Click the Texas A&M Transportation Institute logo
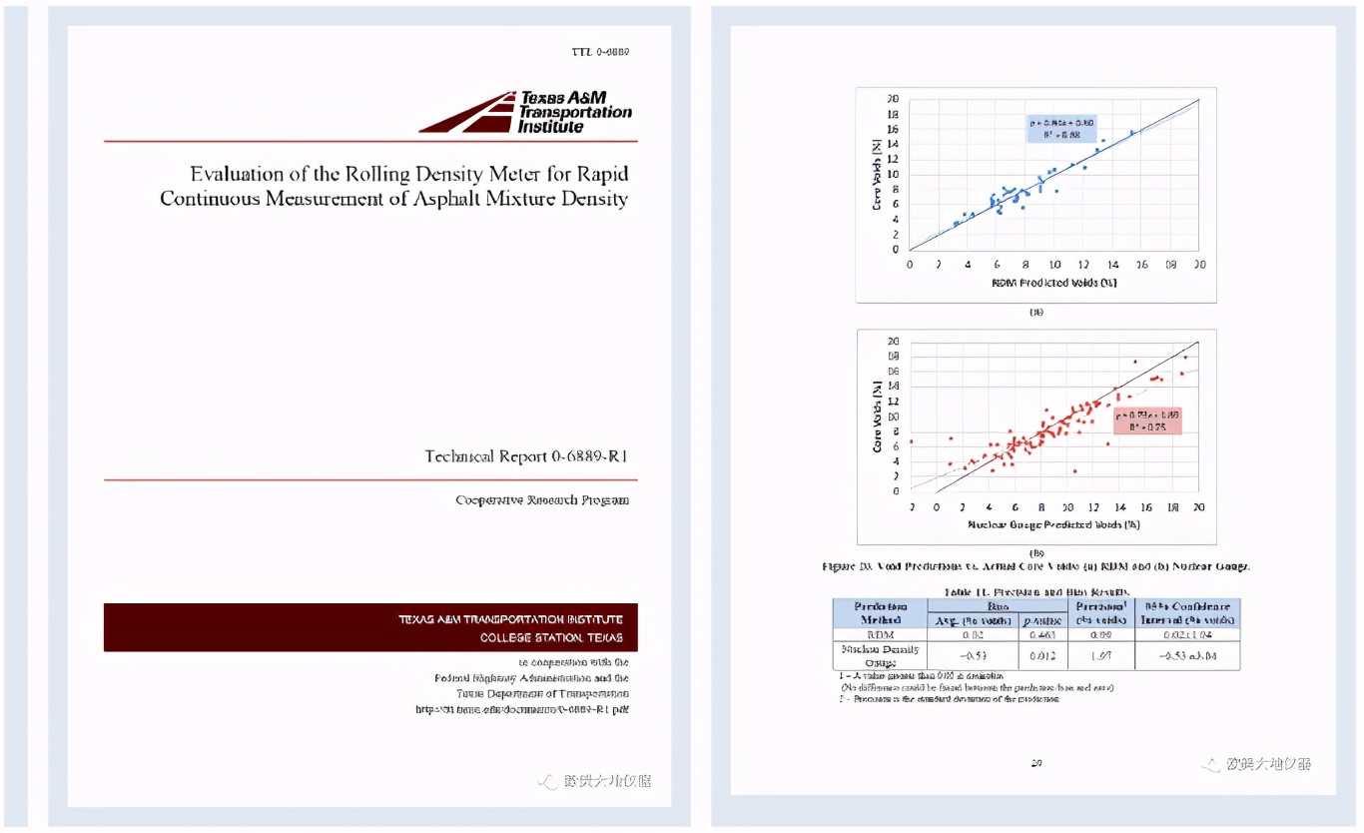[x=526, y=113]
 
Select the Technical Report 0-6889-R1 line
[x=525, y=456]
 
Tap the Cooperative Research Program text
[x=541, y=500]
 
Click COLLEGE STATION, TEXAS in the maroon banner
[x=551, y=637]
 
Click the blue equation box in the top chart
[x=1061, y=129]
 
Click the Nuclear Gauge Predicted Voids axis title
[x=1053, y=524]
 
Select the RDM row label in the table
[x=879, y=634]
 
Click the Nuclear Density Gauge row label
[x=880, y=655]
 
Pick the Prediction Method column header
[x=880, y=612]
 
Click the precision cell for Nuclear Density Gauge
[x=1097, y=655]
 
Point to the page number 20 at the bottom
[x=1035, y=763]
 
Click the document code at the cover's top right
[x=600, y=52]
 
